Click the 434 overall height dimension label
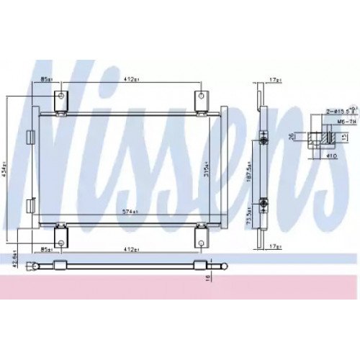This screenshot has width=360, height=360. [6, 170]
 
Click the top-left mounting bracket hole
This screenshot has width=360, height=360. [62, 97]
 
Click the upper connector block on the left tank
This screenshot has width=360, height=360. [30, 135]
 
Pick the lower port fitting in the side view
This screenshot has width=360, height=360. [264, 206]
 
